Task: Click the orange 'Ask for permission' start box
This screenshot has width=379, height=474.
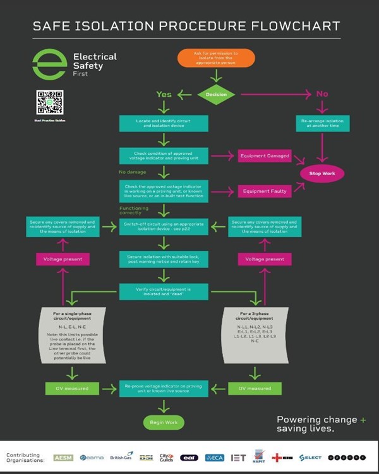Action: (x=216, y=58)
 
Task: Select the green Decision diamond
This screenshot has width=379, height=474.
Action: (x=216, y=94)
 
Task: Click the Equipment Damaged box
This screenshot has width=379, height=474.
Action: (x=265, y=155)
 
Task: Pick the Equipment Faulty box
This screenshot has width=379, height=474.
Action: (x=265, y=190)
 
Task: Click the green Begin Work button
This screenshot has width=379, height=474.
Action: (x=164, y=422)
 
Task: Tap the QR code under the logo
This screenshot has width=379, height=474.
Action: (x=50, y=102)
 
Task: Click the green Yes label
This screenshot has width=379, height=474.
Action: (x=164, y=94)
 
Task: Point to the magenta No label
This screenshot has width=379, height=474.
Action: (x=322, y=94)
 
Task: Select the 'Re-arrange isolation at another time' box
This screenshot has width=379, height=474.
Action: (x=322, y=123)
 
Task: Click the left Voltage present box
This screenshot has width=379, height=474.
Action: (x=63, y=259)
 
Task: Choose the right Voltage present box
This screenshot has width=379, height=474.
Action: (x=265, y=259)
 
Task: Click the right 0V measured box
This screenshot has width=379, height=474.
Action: (x=250, y=388)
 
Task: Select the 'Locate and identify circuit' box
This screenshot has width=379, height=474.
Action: (x=164, y=123)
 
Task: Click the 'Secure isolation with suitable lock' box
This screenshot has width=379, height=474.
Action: (x=164, y=259)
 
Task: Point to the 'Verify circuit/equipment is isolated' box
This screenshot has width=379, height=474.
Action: (x=164, y=292)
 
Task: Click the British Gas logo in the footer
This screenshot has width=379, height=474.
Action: (x=121, y=456)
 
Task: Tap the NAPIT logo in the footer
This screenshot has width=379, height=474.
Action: (x=258, y=456)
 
